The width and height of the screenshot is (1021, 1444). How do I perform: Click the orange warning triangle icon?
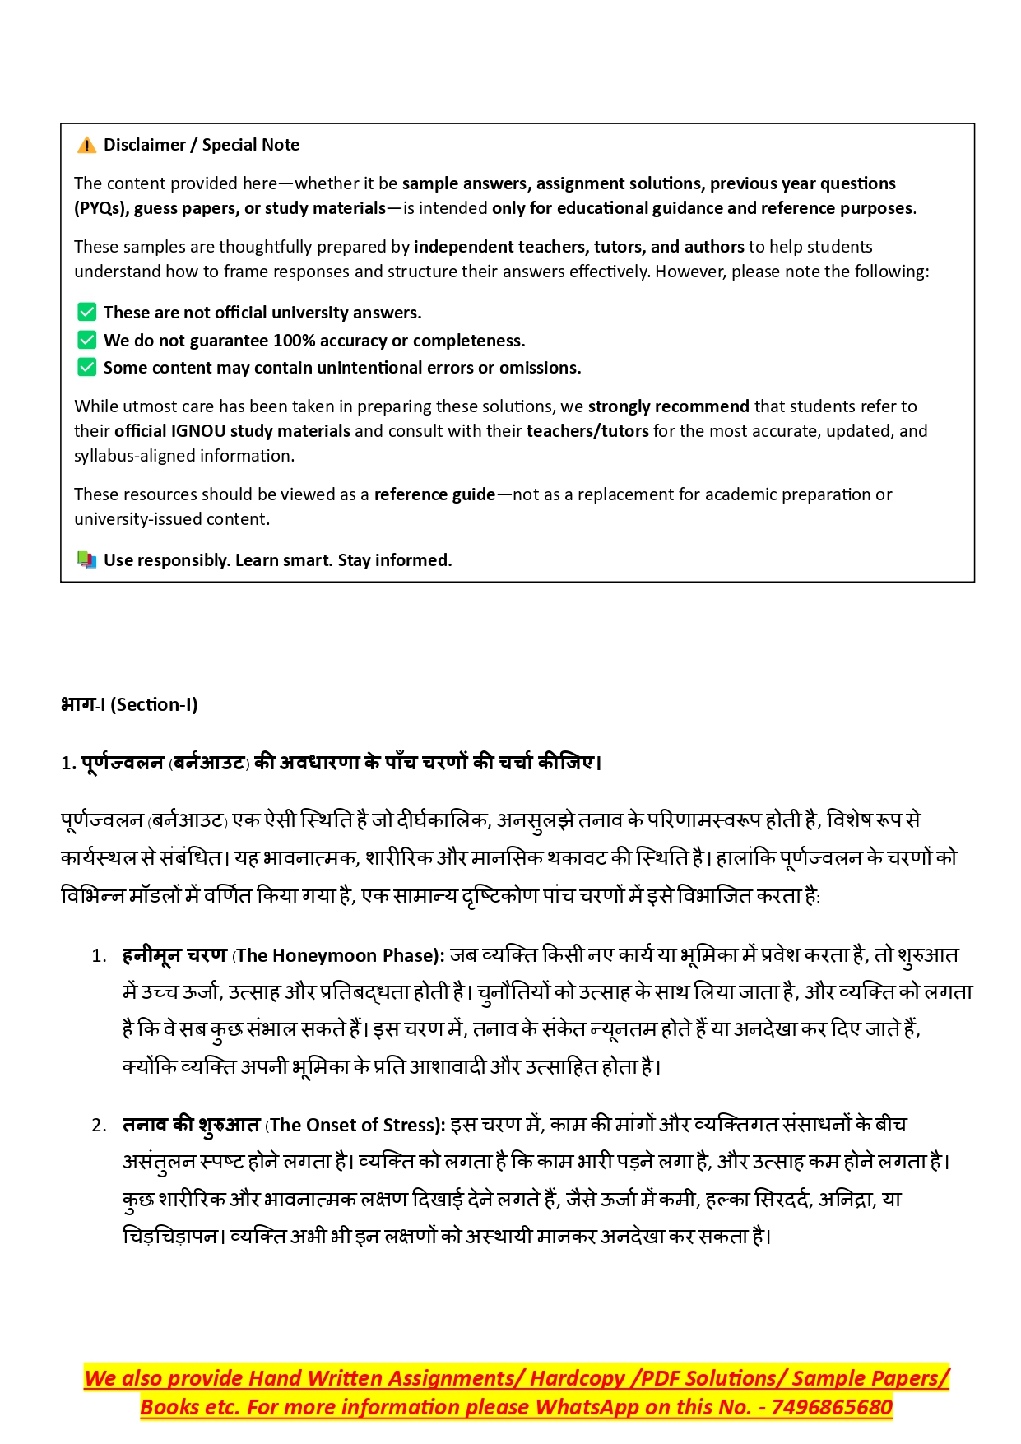tap(86, 146)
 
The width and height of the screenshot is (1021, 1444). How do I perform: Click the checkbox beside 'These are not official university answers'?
tap(86, 313)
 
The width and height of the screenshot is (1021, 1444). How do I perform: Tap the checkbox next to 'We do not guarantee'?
tap(86, 341)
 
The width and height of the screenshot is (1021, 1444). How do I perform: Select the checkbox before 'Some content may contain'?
tap(86, 368)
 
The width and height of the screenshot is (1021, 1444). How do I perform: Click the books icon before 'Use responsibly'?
tap(86, 560)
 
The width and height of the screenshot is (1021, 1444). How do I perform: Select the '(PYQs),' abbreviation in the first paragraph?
tap(101, 208)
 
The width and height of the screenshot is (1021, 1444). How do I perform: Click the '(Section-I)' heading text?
tap(154, 705)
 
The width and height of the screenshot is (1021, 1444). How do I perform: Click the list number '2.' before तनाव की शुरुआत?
tap(100, 1126)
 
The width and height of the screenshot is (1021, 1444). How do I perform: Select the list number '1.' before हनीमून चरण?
tap(100, 956)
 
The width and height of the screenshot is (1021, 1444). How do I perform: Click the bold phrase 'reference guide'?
tap(434, 494)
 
